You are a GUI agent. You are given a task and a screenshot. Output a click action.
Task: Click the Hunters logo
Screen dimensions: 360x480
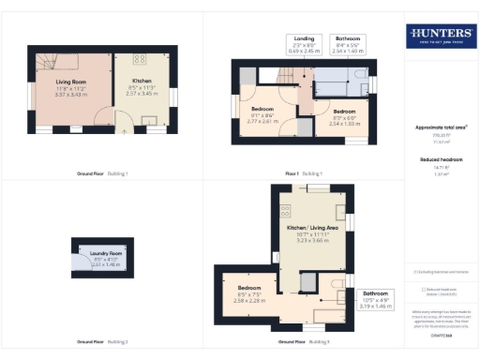441,37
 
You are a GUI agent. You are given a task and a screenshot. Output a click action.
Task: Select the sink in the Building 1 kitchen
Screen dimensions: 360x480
149,120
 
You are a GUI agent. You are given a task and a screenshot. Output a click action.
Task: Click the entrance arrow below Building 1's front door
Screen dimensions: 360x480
125,133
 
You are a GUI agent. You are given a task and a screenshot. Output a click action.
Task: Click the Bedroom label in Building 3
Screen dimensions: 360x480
248,292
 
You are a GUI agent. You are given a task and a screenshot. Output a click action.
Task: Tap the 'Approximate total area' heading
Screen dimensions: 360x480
441,127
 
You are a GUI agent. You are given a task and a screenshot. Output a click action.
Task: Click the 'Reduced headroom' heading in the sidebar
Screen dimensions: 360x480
441,160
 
